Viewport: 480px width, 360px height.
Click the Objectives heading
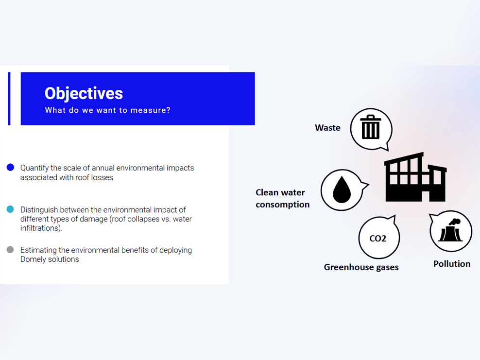pos(84,93)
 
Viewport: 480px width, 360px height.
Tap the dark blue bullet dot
pos(10,167)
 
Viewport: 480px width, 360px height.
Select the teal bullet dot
pos(10,209)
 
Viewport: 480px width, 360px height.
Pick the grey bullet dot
pos(10,250)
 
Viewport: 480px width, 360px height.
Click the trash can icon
pos(371,127)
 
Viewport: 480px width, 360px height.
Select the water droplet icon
pos(342,190)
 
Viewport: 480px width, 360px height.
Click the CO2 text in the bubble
pos(378,239)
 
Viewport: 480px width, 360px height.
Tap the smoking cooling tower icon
pos(450,230)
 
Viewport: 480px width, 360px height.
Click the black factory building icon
pos(415,177)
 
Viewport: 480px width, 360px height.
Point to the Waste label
pos(327,128)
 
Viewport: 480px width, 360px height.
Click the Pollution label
pos(452,264)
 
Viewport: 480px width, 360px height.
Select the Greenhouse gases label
pos(361,267)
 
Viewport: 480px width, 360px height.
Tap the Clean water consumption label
pos(283,198)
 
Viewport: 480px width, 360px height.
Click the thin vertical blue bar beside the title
pos(9,99)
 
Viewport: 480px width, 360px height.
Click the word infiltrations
pos(41,228)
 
